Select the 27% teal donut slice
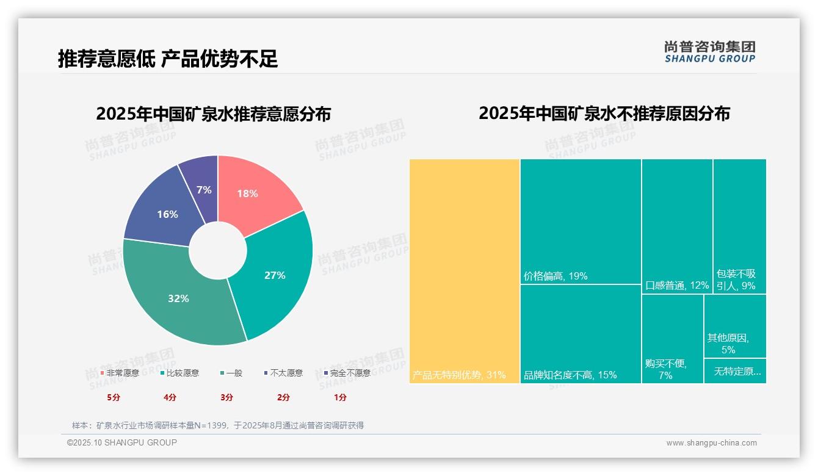click(278, 275)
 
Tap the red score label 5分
click(114, 397)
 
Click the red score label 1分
click(340, 397)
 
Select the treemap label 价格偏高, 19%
click(556, 276)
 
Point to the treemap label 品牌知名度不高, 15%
click(570, 375)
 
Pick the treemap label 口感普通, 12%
click(677, 286)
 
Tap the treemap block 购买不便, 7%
click(672, 339)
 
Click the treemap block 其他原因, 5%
click(734, 326)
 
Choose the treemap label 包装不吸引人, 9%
click(736, 280)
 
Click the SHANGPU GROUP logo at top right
click(709, 52)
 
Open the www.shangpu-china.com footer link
click(711, 443)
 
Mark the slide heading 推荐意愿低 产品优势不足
click(168, 59)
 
